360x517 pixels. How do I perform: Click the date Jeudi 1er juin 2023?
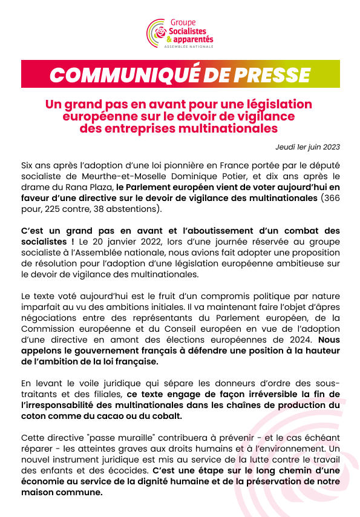tap(307, 147)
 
